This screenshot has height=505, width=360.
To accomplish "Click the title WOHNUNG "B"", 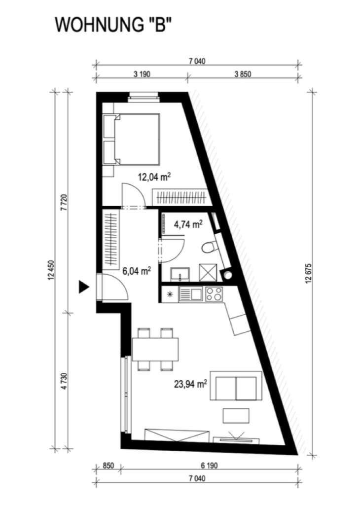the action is (112, 25).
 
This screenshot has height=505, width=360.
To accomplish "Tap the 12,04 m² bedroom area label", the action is (154, 177).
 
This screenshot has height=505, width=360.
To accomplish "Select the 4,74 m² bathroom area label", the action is (188, 224).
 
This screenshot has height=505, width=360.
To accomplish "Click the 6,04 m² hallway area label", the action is (137, 271).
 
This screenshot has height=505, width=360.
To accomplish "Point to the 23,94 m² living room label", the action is (190, 384).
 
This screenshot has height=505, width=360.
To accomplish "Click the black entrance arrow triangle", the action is (84, 287).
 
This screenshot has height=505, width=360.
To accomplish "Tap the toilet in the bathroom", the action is (210, 248).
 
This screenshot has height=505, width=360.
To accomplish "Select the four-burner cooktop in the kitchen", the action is (214, 294).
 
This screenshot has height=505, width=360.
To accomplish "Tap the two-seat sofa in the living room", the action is (236, 386).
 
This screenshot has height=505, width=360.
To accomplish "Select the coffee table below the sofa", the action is (236, 416).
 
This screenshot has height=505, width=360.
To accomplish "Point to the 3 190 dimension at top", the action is (142, 74).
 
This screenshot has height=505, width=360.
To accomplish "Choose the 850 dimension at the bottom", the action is (108, 466).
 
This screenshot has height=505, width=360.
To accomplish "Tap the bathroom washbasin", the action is (180, 275).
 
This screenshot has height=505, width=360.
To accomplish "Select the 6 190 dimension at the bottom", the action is (209, 466).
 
